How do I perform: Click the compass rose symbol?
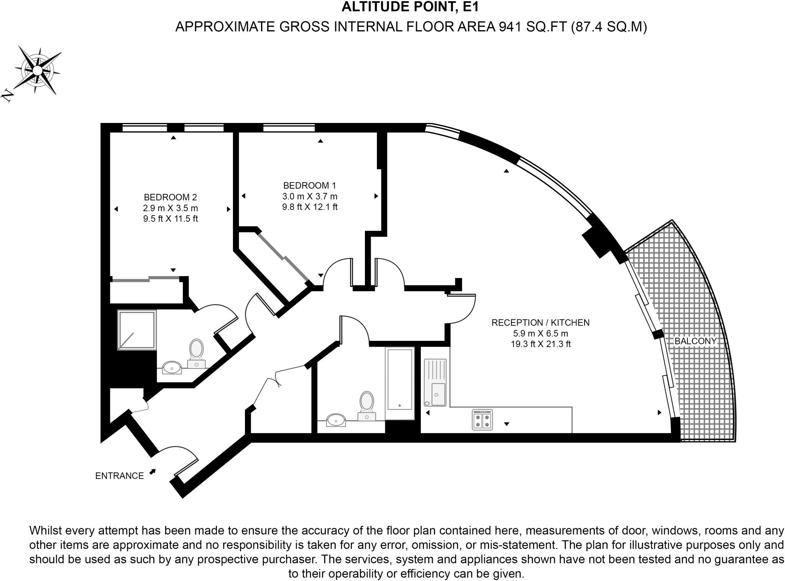point(38,70)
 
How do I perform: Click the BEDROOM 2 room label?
point(170,197)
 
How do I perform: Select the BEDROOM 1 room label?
point(309,185)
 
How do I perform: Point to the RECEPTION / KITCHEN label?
point(540,322)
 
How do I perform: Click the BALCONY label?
point(695,341)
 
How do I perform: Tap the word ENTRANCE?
point(119,476)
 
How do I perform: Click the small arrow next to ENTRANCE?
point(153,472)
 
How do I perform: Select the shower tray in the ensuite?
point(137,330)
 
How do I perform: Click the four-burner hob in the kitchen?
point(482,420)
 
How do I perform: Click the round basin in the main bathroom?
point(336,420)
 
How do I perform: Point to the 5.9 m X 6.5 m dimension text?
point(540,333)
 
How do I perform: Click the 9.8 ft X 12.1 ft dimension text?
point(310,207)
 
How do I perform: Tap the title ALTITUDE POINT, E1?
point(410,7)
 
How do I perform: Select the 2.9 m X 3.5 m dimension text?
point(170,208)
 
